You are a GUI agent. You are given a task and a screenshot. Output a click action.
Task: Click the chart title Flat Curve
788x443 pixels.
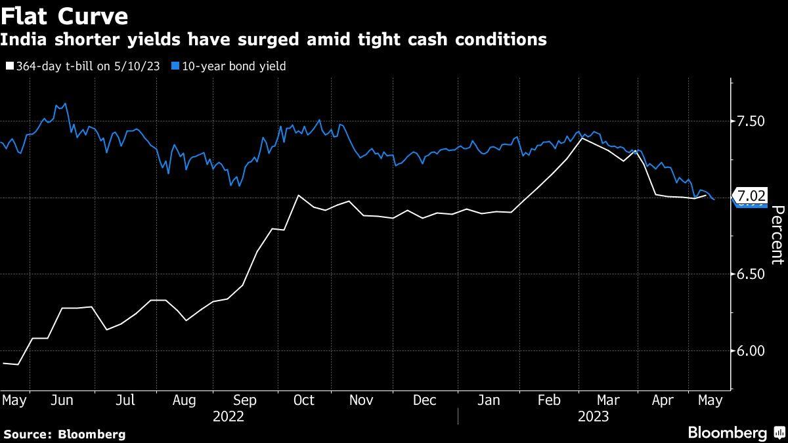[64, 15]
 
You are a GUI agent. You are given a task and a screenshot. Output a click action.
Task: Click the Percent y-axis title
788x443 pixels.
[777, 235]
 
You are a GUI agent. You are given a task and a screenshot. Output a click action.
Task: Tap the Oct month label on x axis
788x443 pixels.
[304, 400]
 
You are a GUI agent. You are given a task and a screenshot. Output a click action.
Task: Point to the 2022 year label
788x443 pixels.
[229, 416]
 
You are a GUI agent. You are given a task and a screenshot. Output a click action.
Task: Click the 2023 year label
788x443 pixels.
[592, 416]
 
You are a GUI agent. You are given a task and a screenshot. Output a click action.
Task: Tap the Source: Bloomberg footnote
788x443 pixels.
[64, 434]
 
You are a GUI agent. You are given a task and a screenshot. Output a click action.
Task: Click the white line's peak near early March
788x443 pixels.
[581, 138]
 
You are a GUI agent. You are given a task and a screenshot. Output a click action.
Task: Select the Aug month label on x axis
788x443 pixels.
[185, 400]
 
